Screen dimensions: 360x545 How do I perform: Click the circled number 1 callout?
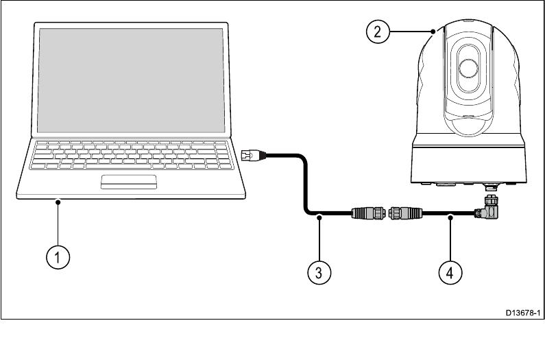click(58, 258)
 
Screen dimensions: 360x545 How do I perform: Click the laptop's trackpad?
click(129, 181)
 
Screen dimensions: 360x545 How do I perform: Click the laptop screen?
click(132, 81)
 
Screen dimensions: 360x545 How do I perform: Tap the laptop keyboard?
click(129, 155)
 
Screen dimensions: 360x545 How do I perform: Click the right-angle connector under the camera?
click(492, 208)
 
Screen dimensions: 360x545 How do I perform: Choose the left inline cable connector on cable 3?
click(367, 213)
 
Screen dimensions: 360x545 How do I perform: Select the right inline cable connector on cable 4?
click(406, 213)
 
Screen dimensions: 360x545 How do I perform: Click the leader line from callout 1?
click(58, 223)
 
